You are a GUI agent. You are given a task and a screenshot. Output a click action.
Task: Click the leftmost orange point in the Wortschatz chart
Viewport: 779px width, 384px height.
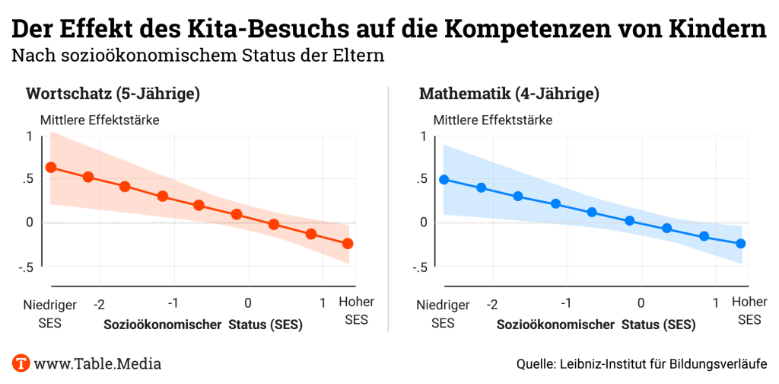pos(51,168)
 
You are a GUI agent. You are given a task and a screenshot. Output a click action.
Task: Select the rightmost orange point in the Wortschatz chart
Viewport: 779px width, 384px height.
pos(348,244)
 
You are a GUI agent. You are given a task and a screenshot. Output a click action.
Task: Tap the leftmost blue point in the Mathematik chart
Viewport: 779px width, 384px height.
pos(444,180)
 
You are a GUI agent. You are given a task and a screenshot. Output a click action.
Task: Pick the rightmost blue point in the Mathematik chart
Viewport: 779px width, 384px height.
pos(741,244)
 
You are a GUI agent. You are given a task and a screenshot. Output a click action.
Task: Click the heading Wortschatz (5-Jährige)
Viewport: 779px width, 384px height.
pos(113,94)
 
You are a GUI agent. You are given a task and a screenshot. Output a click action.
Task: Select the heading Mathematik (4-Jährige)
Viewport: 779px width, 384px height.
pos(509,94)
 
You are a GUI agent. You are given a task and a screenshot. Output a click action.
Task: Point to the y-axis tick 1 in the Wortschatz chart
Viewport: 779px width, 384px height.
pos(30,136)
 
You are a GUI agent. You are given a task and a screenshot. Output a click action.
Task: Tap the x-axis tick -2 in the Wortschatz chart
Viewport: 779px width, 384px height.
pos(99,304)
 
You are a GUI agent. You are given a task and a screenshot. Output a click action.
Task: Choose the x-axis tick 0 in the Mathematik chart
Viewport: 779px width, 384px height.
pos(641,304)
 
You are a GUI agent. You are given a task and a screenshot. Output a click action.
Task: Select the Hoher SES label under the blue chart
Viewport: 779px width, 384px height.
pos(749,311)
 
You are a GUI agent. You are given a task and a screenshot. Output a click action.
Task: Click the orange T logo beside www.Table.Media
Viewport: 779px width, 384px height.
pos(21,363)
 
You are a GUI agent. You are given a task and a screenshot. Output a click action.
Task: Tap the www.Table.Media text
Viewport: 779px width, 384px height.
pos(97,363)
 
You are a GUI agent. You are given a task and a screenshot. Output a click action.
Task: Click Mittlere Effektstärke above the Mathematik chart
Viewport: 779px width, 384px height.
pos(492,120)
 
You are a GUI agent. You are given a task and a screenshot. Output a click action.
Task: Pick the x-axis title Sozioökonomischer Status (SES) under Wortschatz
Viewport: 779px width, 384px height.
pos(203,325)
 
